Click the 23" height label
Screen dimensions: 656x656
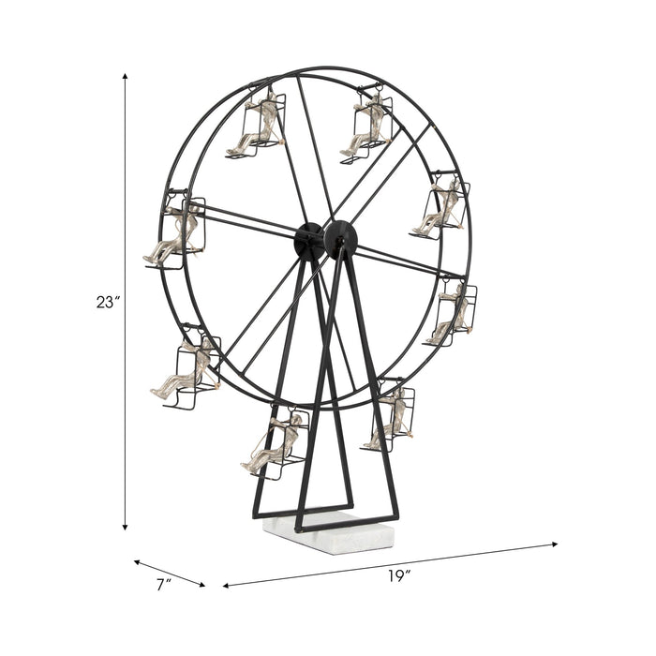[108, 303]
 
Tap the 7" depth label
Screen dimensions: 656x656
[164, 584]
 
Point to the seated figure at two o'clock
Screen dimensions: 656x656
[439, 208]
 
